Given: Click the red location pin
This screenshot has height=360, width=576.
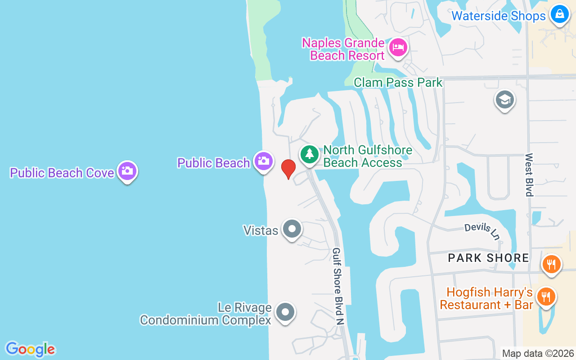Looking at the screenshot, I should coord(288,168).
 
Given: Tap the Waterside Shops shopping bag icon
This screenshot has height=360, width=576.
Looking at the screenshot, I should coord(559,14).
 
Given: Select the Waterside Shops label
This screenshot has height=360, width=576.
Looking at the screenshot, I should coord(498,16).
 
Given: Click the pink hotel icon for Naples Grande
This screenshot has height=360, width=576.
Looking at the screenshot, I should coord(398,47).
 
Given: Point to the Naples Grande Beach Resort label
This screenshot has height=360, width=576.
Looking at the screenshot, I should coord(343,49).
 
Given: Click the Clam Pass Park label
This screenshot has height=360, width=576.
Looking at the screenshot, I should coord(398,82).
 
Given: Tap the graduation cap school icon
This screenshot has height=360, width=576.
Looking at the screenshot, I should coord(504,99).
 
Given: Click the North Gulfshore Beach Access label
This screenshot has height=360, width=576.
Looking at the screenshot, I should coord(367,156).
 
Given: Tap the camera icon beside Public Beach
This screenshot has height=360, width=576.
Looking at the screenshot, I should coord(263,161).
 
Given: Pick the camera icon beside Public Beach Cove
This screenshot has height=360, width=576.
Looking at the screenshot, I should coord(127,171).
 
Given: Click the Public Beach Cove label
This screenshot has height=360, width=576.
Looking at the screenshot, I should coord(62,173).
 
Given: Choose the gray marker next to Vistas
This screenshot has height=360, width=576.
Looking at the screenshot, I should coord(292,229).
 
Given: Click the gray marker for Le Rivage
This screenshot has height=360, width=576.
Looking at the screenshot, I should coord(285,312).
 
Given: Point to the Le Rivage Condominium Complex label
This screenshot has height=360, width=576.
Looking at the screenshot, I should coord(206,314).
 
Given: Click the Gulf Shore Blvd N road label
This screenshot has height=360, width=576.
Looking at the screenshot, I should coord(338,286).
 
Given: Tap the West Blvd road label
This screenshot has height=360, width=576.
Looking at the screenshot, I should coord(529,175).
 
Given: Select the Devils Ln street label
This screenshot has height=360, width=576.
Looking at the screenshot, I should coord(482,231).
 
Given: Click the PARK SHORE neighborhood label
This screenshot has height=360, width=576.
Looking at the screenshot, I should coord(488,258).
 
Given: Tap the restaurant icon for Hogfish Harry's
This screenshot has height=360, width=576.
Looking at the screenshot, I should coord(546,297).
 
